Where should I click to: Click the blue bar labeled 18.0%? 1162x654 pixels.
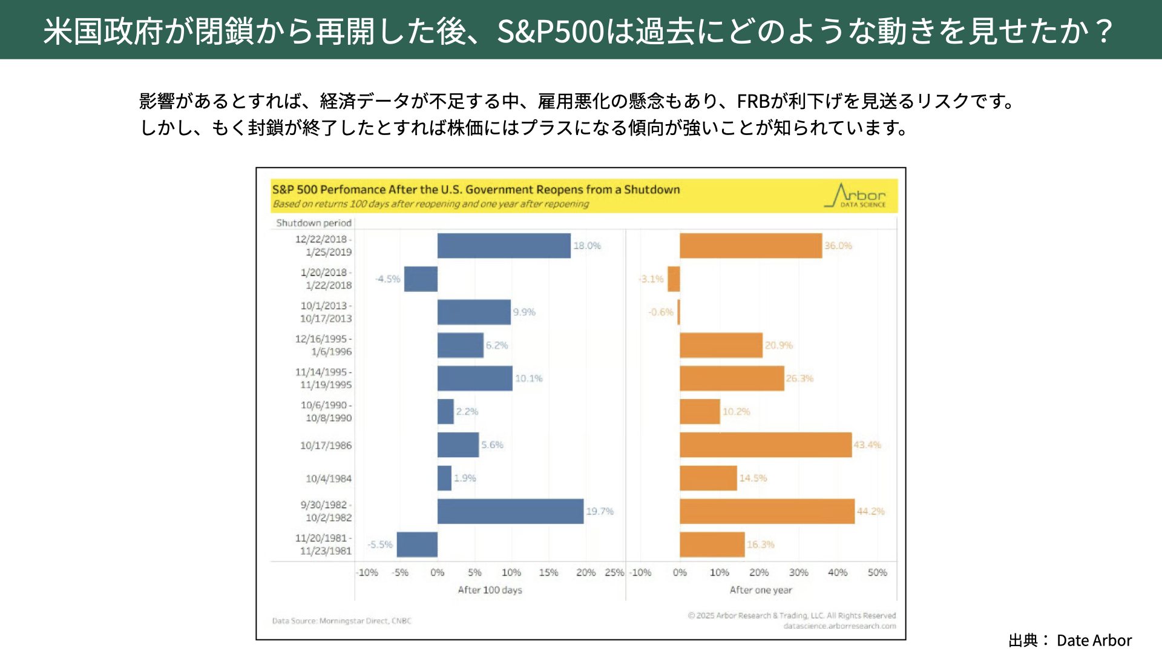(x=504, y=246)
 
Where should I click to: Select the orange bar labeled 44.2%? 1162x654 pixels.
(x=767, y=512)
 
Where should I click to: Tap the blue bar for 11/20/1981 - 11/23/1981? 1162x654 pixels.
(x=417, y=545)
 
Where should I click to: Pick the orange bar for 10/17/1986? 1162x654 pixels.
(x=766, y=445)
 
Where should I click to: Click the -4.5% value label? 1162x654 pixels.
(x=388, y=279)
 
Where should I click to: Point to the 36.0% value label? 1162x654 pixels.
(x=838, y=246)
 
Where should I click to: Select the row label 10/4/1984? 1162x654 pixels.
(x=329, y=478)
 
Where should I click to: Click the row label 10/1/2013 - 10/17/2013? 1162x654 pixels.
(x=326, y=312)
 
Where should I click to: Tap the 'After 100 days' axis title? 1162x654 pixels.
(x=490, y=590)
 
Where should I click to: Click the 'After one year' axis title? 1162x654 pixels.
(x=761, y=590)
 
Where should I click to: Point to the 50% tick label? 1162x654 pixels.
(x=877, y=573)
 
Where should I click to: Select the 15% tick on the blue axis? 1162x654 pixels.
(x=548, y=573)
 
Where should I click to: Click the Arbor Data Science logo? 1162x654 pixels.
(x=855, y=196)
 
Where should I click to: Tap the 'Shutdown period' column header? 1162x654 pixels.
(x=313, y=223)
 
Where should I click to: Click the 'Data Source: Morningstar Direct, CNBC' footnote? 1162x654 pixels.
(x=341, y=621)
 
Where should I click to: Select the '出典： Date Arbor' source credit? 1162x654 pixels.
(x=1070, y=640)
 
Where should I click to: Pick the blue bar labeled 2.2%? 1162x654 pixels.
(x=445, y=412)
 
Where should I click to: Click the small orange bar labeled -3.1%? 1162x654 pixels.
(x=674, y=279)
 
